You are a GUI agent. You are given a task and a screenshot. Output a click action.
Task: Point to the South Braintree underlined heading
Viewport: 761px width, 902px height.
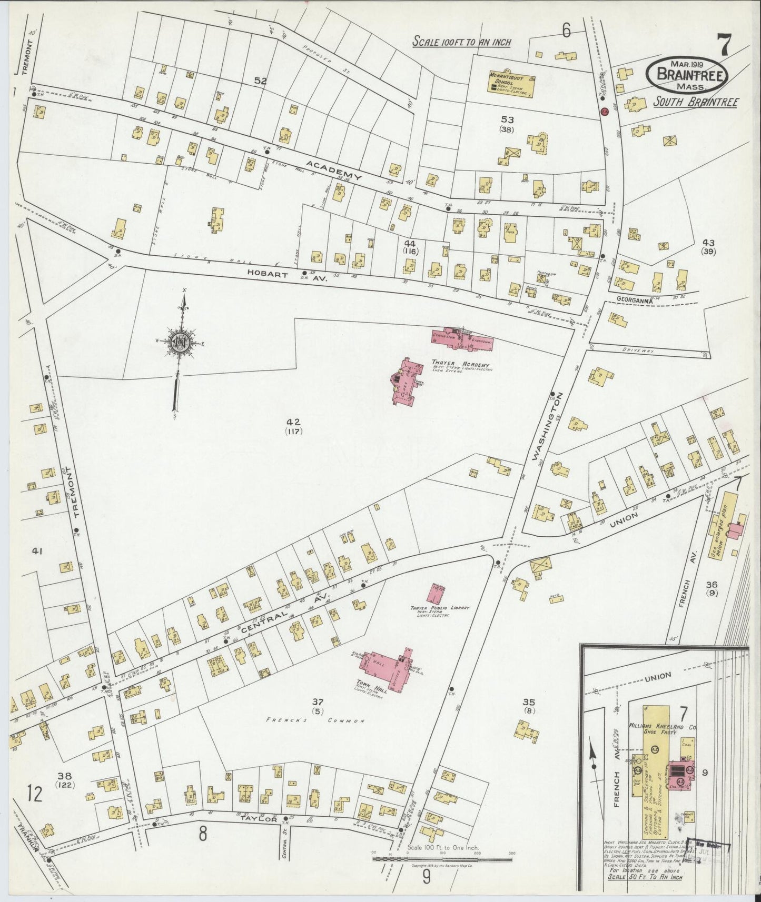[x=695, y=102]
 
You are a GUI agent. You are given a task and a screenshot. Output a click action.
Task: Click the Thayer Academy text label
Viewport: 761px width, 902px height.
[x=460, y=365]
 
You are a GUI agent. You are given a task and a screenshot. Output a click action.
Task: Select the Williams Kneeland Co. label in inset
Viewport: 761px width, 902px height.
[x=662, y=727]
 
